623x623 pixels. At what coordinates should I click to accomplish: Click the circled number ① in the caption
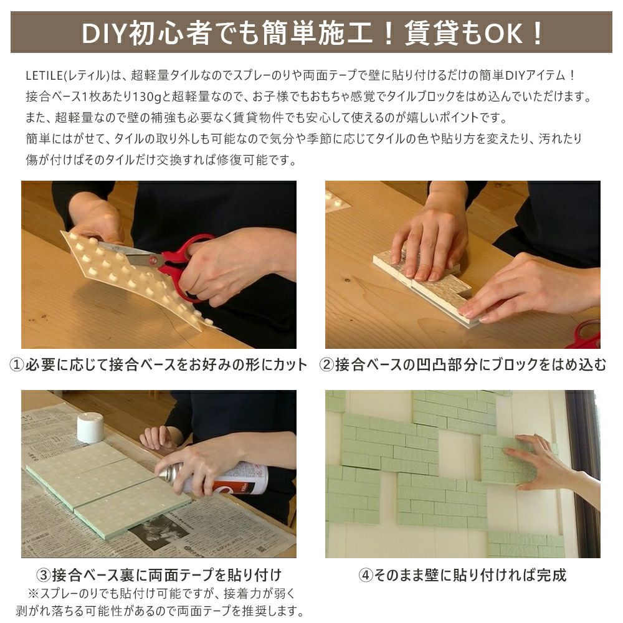16,364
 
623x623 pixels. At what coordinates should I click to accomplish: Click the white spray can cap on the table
90,427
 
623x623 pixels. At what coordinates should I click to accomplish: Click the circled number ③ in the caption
44,574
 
